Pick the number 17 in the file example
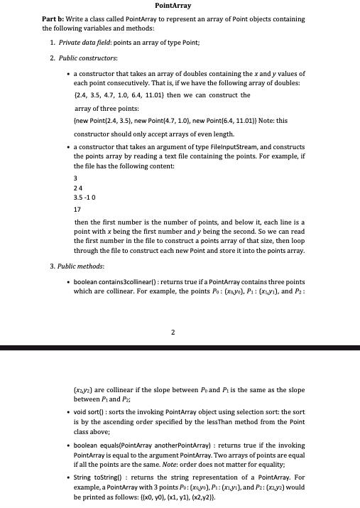(77, 210)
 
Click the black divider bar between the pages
(180, 348)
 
